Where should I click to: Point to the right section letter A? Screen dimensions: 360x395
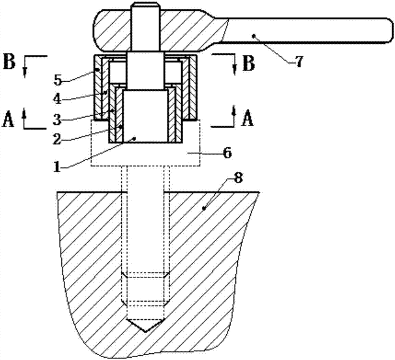pos(248,119)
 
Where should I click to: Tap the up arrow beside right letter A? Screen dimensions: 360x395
pos(234,112)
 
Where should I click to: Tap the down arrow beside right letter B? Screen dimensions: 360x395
pos(234,68)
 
